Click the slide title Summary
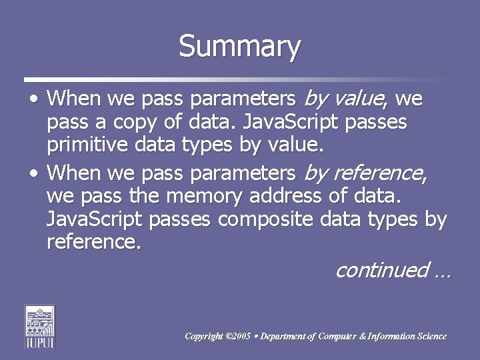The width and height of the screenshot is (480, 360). pyautogui.click(x=240, y=47)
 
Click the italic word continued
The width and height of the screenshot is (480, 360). pyautogui.click(x=381, y=270)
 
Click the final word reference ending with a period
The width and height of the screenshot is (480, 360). pyautogui.click(x=94, y=243)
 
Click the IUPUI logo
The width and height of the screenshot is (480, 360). pyautogui.click(x=39, y=326)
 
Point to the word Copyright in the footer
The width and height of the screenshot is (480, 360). pyautogui.click(x=205, y=337)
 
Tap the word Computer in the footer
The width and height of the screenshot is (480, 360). pyautogui.click(x=336, y=337)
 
